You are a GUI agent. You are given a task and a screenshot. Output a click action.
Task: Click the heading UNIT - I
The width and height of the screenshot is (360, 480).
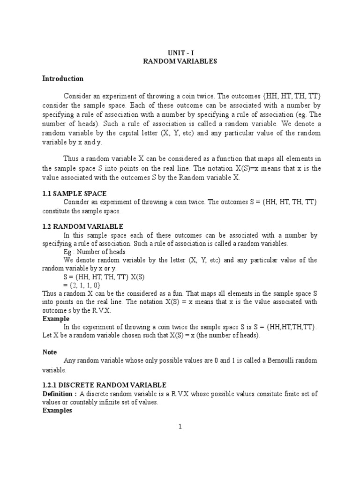tap(180, 53)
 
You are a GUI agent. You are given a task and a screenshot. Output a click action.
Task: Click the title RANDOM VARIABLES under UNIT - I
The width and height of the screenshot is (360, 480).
tap(180, 61)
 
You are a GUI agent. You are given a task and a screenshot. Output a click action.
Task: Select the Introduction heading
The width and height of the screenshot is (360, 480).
tap(63, 79)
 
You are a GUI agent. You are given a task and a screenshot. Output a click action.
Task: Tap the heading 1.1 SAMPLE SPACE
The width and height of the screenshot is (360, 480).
tap(75, 193)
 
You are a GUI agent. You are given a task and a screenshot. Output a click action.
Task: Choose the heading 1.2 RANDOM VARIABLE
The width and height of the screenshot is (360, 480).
tap(82, 226)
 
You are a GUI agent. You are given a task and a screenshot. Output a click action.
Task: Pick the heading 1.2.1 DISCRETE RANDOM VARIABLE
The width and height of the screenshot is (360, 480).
tap(104, 384)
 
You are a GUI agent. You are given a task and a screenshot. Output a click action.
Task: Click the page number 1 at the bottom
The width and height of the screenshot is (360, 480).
tap(180, 426)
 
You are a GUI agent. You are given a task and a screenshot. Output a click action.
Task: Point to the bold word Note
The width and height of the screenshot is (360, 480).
tap(50, 352)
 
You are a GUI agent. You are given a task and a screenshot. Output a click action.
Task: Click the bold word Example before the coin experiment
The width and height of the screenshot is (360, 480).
tap(55, 318)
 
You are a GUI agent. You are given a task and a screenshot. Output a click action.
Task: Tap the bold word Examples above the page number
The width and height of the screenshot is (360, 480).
tap(57, 410)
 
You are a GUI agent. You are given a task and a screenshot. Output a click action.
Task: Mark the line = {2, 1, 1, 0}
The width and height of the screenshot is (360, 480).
tap(82, 285)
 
